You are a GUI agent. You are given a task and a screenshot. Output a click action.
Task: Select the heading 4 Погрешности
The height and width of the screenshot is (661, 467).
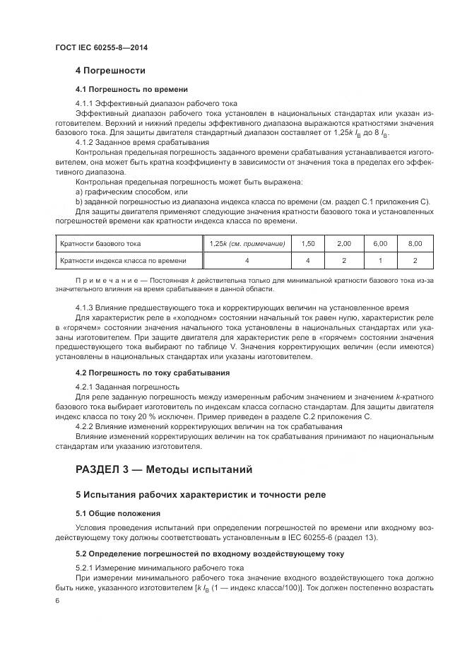(x=110, y=71)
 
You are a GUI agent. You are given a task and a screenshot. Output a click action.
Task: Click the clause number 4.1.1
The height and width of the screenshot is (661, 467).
(x=86, y=103)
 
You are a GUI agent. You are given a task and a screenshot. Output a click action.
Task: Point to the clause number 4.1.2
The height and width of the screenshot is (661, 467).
(x=86, y=142)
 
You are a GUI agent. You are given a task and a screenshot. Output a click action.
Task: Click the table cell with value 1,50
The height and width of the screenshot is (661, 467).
(x=307, y=243)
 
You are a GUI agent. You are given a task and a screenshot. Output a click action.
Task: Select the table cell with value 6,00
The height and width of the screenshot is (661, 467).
(x=379, y=243)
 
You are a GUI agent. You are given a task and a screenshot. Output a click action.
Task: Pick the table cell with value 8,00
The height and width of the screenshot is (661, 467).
(x=415, y=243)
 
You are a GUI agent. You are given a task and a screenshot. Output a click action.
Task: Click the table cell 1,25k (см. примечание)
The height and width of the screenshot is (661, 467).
(x=247, y=243)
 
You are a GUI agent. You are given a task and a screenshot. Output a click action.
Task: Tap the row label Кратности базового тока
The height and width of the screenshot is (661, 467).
(x=100, y=243)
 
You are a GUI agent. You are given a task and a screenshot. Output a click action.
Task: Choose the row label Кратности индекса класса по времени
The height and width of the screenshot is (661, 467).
(x=123, y=260)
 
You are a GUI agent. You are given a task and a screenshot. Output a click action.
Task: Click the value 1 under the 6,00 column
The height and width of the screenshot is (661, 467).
(x=379, y=260)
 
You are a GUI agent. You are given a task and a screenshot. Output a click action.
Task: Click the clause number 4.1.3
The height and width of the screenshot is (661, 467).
(x=86, y=308)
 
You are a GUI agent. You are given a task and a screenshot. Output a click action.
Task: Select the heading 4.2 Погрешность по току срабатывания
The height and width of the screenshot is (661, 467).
(x=152, y=373)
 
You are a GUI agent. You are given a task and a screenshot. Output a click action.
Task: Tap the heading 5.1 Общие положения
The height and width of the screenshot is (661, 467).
(x=117, y=513)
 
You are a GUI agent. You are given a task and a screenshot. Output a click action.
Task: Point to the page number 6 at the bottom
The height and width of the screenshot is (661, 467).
(x=57, y=600)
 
